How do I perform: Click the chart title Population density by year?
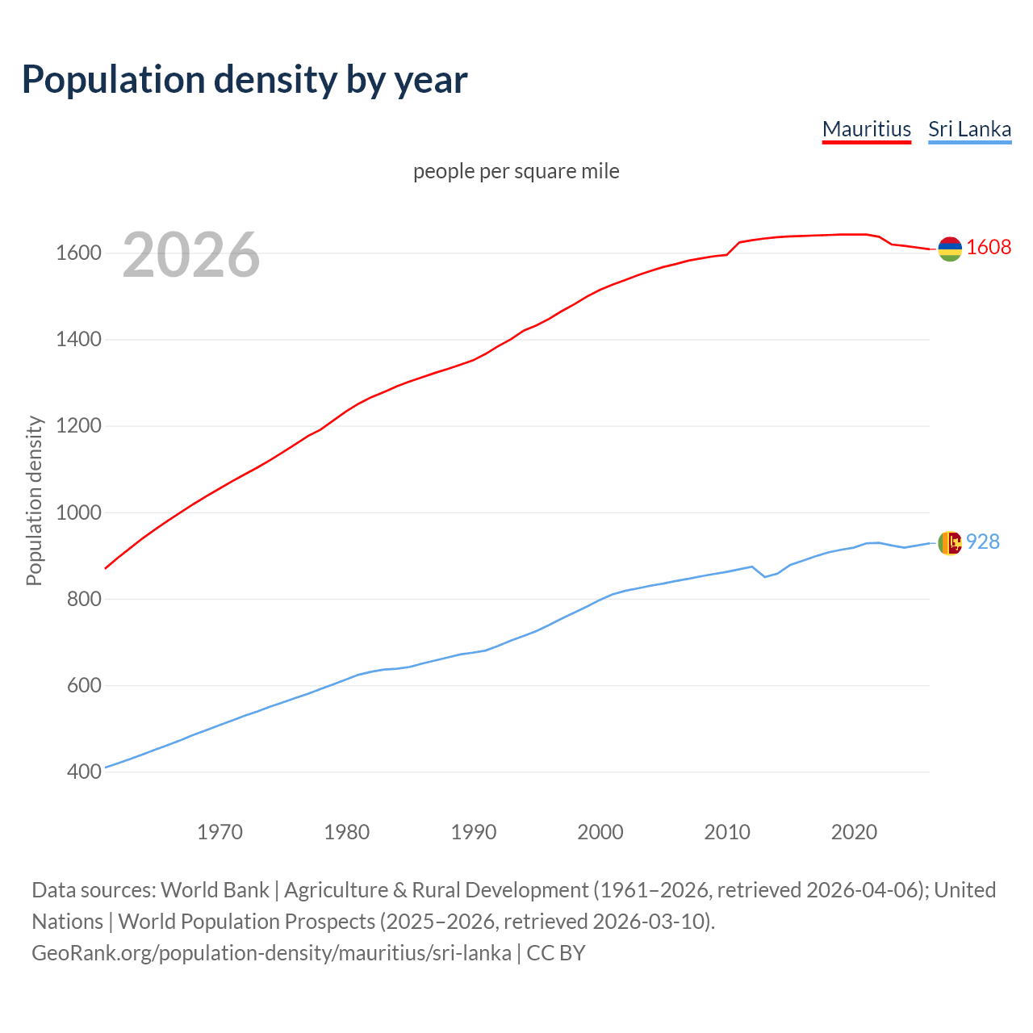tap(245, 79)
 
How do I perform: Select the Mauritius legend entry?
tap(866, 129)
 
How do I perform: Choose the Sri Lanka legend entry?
tap(969, 129)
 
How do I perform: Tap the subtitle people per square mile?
tap(516, 171)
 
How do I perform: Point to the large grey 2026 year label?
tap(191, 255)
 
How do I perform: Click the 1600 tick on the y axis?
tap(78, 253)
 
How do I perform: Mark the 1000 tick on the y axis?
tap(78, 512)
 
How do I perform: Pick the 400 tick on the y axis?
tap(84, 772)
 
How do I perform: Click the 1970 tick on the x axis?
tap(220, 832)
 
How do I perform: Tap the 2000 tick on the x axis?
tap(600, 832)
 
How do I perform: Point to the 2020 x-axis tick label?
tap(854, 832)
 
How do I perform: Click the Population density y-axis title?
tap(34, 500)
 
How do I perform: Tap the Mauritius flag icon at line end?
tap(950, 249)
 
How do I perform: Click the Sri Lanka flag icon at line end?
tap(950, 542)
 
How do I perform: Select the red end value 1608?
tap(989, 247)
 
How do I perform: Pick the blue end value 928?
tap(983, 542)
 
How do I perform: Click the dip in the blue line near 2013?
tap(765, 576)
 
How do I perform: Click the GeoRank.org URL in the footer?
tap(271, 953)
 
